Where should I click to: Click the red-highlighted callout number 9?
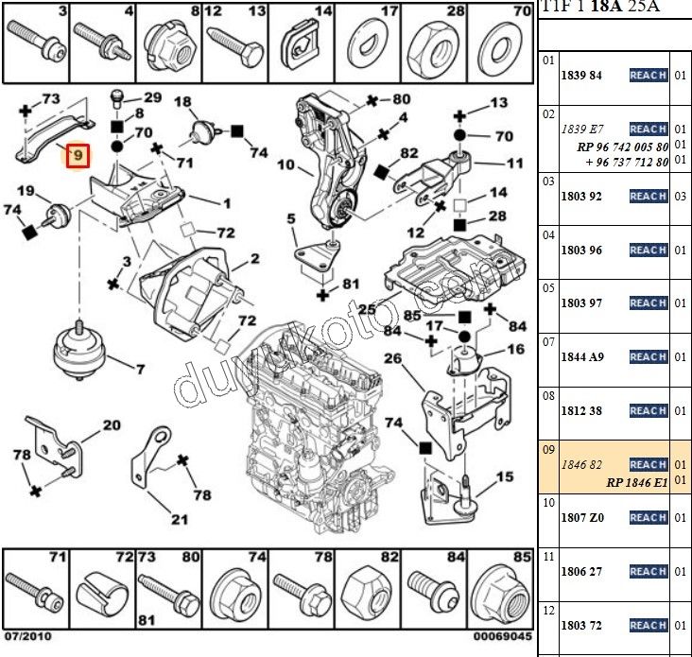point(77,154)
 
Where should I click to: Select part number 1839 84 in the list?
point(582,75)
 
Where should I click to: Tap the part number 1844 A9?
point(582,356)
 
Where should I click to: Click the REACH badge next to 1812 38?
point(649,410)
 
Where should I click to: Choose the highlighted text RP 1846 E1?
point(636,481)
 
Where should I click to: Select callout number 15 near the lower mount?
point(504,476)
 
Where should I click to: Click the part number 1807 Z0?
point(582,517)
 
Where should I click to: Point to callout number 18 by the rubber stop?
point(182,102)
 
